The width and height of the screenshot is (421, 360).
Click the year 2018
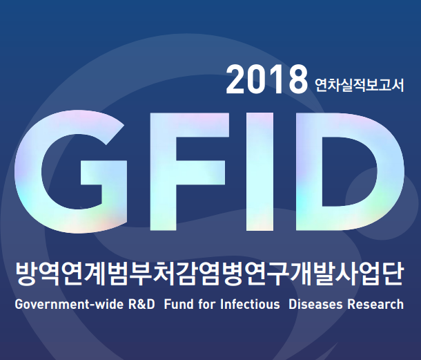(266, 80)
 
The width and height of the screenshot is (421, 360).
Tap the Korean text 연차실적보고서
(360, 85)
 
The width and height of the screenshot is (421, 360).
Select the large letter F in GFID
(188, 171)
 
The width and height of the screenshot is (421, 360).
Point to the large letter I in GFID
(260, 171)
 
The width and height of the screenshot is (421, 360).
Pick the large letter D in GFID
(350, 171)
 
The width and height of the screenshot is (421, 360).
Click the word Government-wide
(69, 304)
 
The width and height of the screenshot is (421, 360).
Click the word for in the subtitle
(207, 304)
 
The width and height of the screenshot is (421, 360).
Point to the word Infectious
(250, 304)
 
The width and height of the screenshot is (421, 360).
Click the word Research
(375, 304)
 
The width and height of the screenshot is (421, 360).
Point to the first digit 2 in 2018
(236, 80)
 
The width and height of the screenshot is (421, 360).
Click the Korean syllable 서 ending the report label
(398, 85)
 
